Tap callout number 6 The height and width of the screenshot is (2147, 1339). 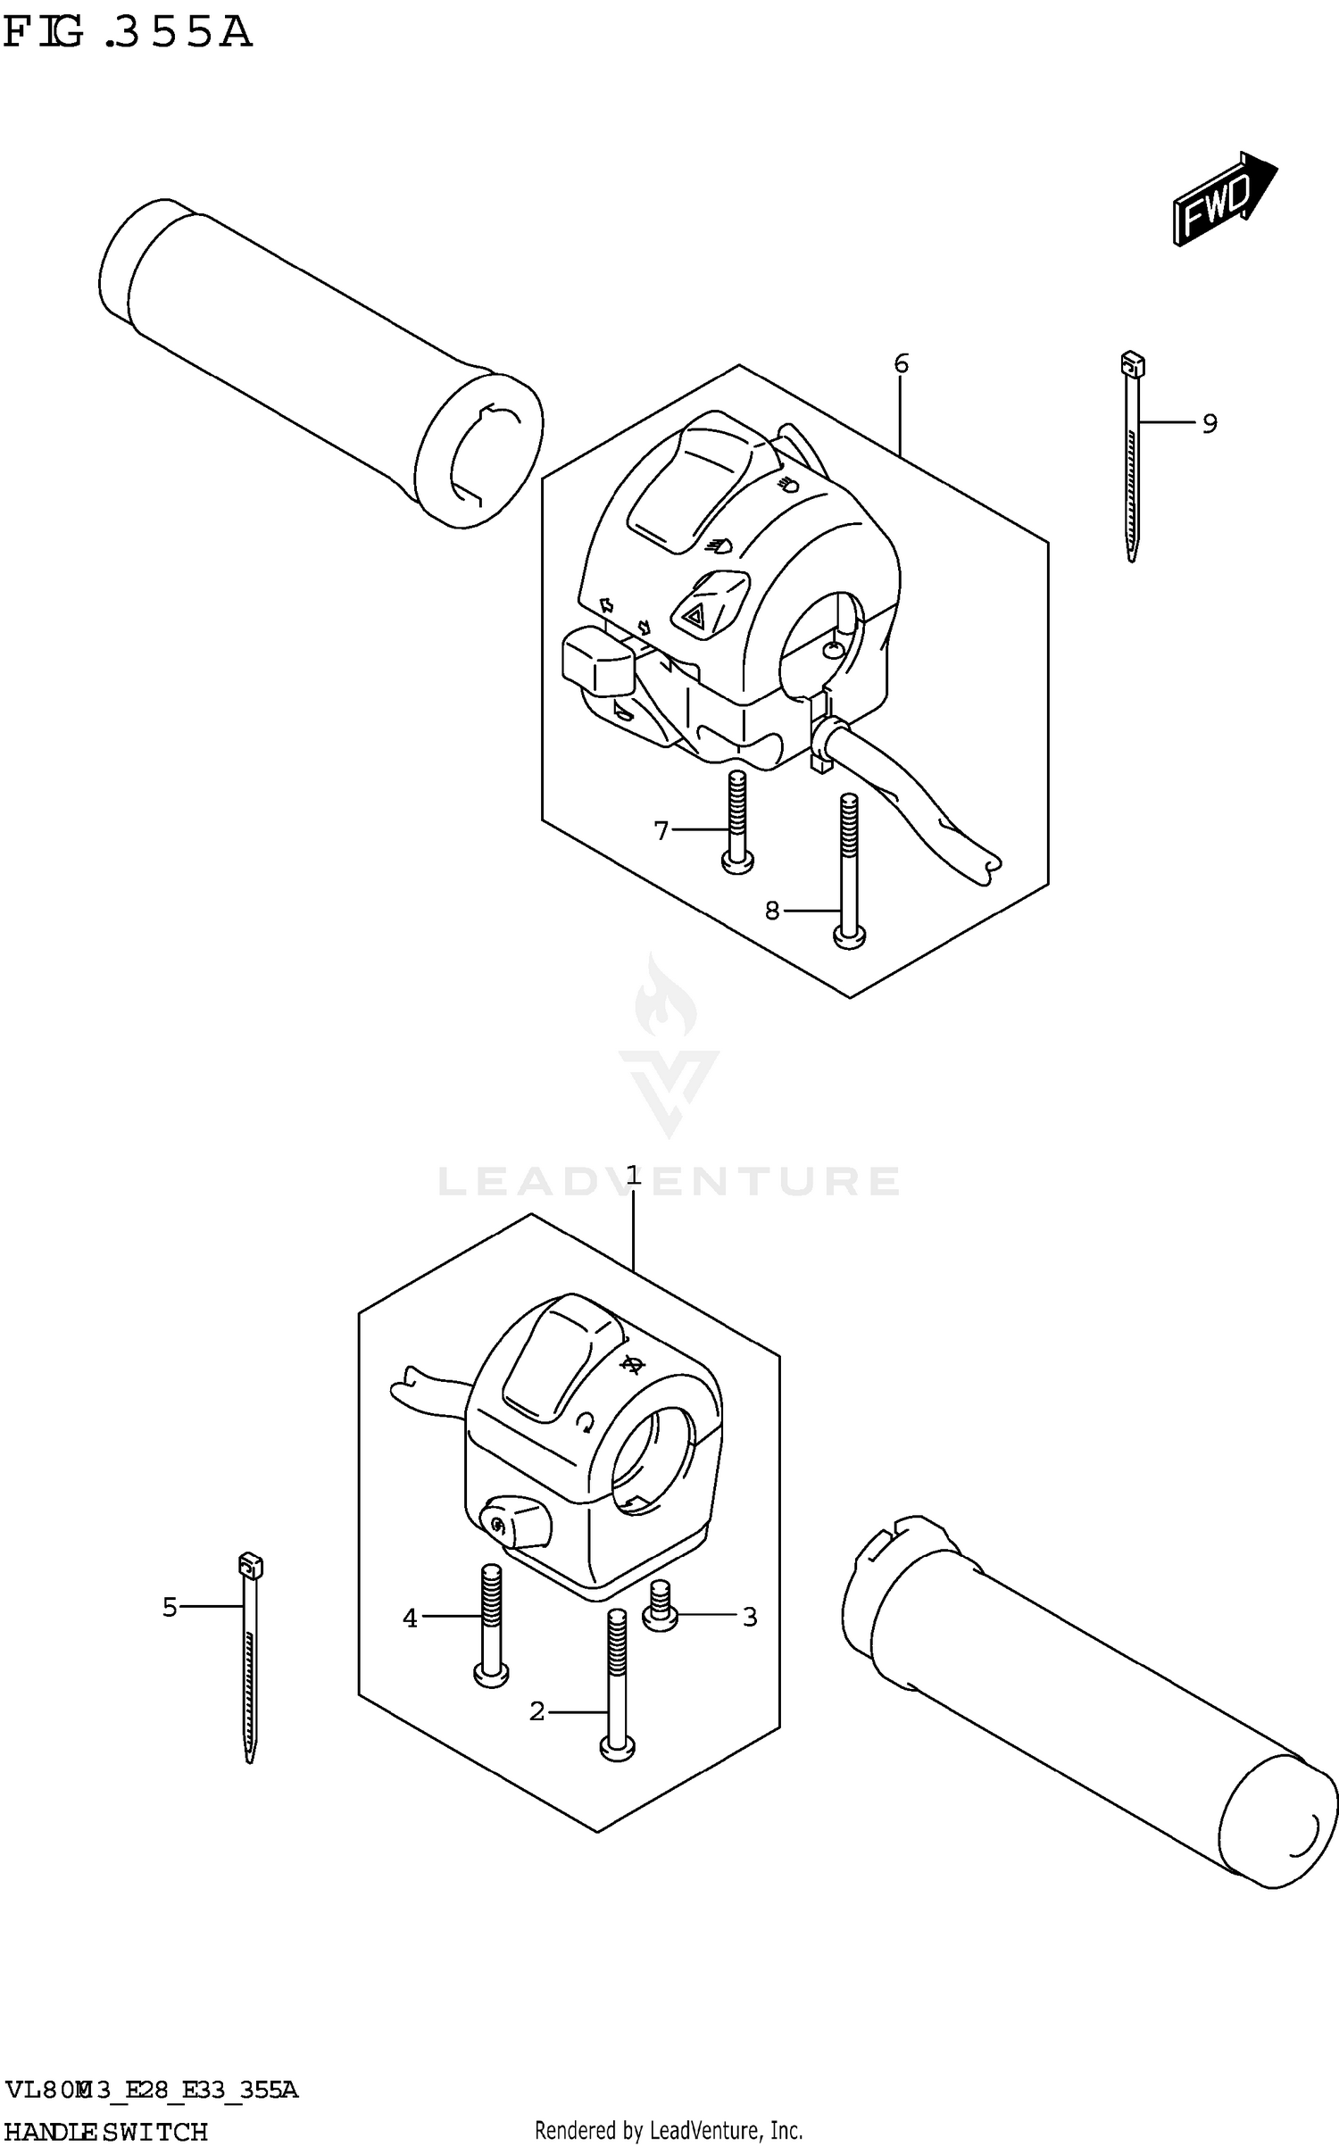coord(901,364)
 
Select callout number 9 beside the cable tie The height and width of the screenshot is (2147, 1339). coord(1209,423)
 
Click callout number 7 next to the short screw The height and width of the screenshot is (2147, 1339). coord(661,831)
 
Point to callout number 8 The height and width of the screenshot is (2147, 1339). coord(772,911)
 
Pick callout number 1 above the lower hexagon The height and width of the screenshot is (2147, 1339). coord(633,1176)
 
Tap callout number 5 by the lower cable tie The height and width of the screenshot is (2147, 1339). coord(170,1608)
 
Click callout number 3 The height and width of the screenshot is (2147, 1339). coord(750,1617)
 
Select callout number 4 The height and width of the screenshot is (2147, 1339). coord(410,1618)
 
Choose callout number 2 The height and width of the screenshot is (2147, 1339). coord(536,1711)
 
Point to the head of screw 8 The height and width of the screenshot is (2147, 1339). coord(849,937)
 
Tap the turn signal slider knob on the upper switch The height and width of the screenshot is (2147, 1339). coord(596,663)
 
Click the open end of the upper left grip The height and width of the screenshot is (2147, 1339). coord(480,450)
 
